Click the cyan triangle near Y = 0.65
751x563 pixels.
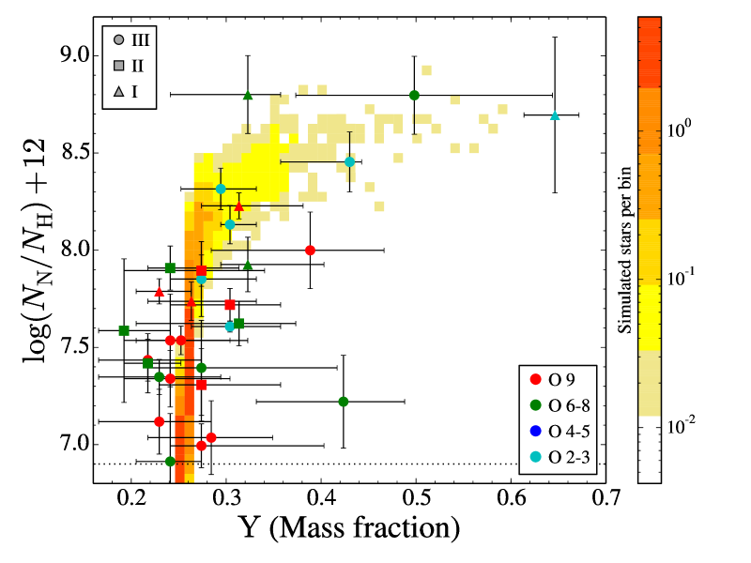[555, 115]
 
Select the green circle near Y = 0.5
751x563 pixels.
[414, 95]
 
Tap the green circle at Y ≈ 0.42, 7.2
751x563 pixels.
[343, 402]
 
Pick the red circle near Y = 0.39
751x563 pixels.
[310, 250]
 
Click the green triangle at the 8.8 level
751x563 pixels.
[248, 95]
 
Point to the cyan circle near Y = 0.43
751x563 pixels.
[349, 161]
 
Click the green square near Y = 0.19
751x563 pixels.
[124, 330]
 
